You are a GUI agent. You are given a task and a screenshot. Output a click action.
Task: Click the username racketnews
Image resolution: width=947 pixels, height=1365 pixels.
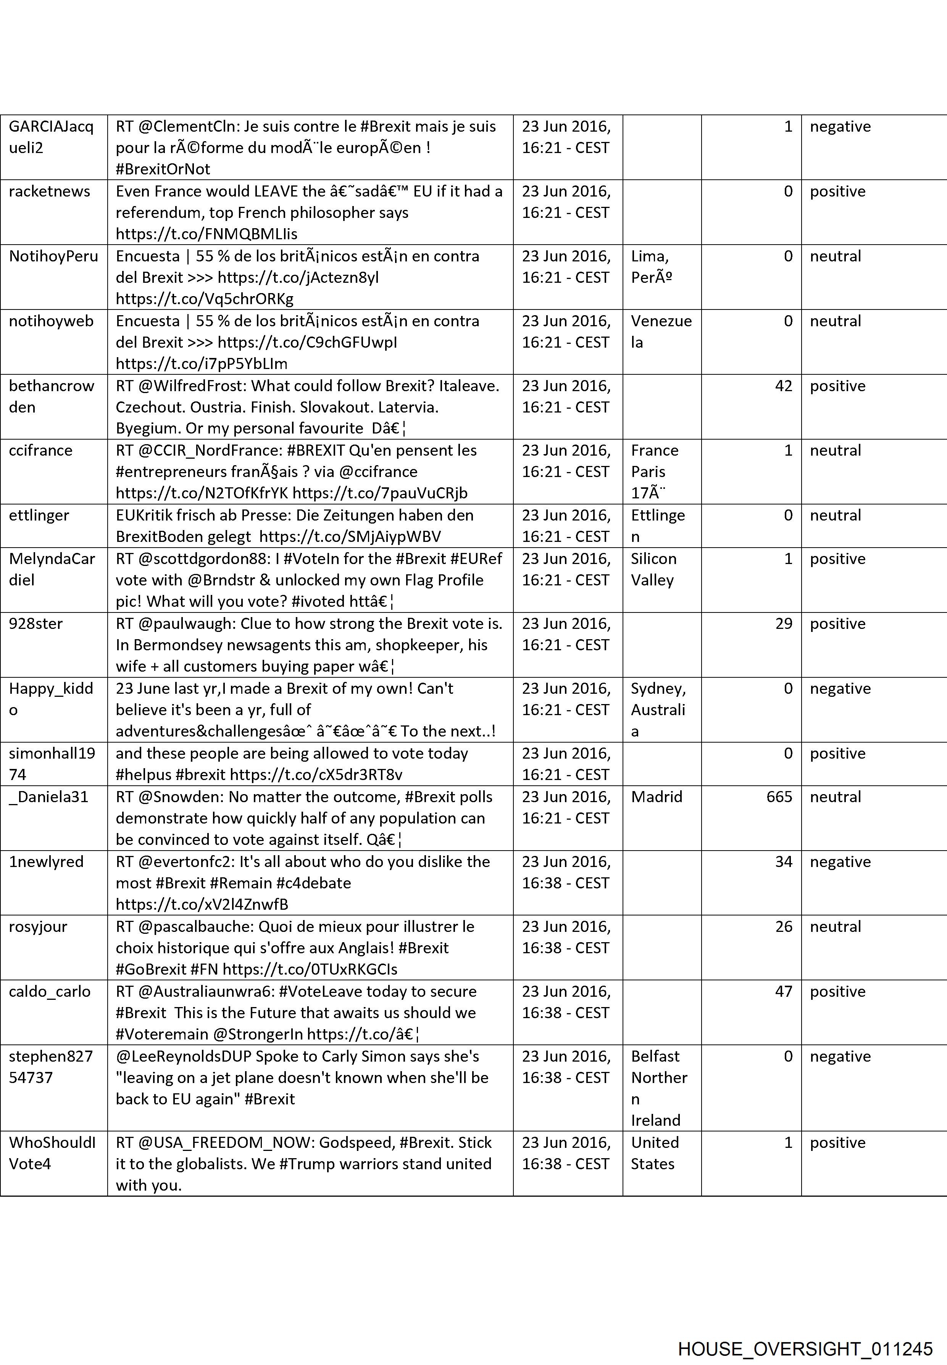point(49,192)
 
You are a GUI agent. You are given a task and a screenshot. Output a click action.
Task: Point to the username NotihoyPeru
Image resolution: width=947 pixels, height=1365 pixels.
point(53,256)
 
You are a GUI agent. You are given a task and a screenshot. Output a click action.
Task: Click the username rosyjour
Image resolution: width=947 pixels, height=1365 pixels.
point(38,927)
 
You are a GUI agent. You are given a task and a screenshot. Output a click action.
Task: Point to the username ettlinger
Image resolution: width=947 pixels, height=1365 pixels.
point(39,516)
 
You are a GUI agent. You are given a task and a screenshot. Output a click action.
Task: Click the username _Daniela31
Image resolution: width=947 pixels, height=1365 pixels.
point(48,797)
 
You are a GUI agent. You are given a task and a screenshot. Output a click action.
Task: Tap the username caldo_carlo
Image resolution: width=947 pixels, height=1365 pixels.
point(49,991)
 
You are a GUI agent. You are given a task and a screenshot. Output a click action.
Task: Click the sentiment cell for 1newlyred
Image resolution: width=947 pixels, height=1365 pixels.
point(840,862)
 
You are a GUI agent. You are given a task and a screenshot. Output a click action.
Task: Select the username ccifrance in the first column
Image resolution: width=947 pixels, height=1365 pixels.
point(40,451)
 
